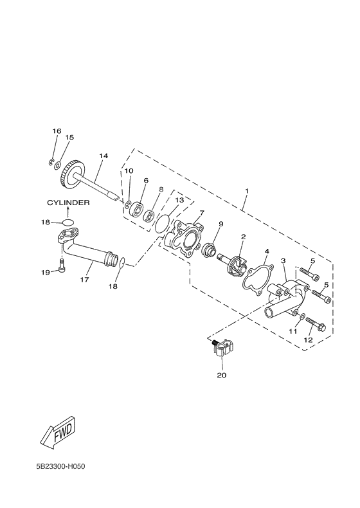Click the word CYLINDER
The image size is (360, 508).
(68, 203)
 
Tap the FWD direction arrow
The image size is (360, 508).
(60, 433)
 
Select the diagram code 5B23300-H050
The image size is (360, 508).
(61, 467)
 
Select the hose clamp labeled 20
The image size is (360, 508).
(222, 349)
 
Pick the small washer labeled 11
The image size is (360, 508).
(302, 316)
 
